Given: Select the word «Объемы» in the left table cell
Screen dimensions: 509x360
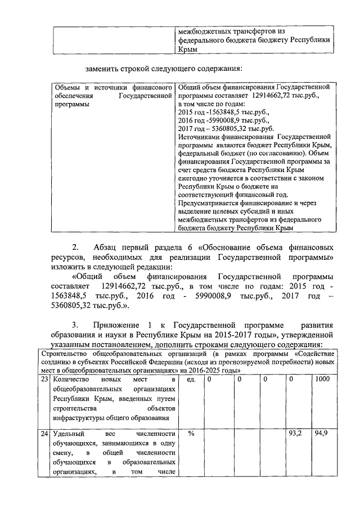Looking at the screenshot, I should click(65, 88).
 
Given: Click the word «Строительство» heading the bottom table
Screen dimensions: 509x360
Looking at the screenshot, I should click(65, 354).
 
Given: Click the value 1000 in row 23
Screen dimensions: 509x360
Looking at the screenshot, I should click(323, 380).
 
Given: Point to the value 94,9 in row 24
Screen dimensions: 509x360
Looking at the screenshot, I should click(322, 434).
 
